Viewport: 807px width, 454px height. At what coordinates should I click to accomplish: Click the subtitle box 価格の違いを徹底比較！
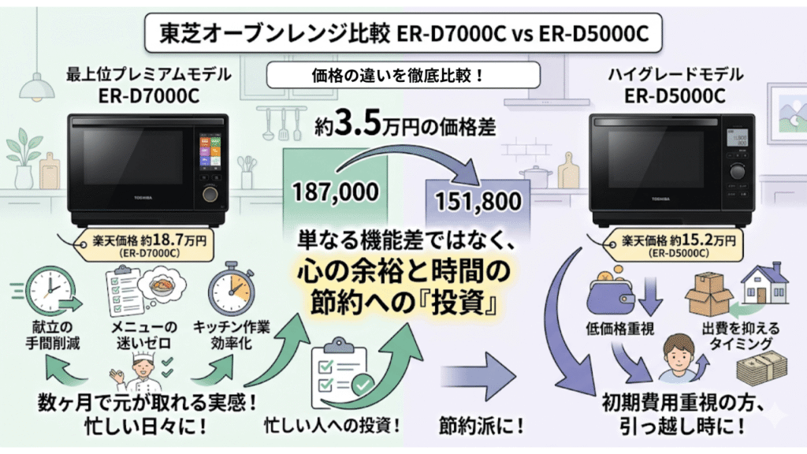point(403,76)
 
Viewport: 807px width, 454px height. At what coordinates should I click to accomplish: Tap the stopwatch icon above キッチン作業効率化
point(232,292)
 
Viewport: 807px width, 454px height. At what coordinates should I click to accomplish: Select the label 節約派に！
point(482,426)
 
